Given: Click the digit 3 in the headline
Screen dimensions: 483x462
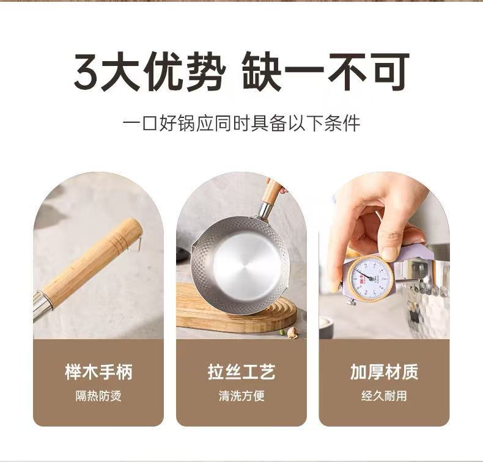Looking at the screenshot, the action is coord(87,72).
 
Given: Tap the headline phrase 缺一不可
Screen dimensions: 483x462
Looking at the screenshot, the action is coord(325,72).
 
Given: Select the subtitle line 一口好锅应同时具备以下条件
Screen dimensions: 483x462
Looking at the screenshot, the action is coord(242,123).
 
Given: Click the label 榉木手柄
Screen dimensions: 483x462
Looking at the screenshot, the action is coord(98,372).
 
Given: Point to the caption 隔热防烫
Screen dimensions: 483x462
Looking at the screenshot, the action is coord(98,396).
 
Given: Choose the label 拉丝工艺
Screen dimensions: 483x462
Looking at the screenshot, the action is coord(241,372).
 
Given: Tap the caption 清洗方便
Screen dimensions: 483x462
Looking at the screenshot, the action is coord(242,396).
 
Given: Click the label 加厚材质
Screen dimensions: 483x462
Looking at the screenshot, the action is coord(384,372).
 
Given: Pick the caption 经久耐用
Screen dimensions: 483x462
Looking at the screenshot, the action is coord(384,396).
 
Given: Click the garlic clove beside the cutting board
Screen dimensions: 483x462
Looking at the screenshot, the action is coord(292,332).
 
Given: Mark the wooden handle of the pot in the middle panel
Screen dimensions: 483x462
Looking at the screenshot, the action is coord(271,191).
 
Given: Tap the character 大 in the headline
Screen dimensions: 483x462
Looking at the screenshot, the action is coord(121,72).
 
